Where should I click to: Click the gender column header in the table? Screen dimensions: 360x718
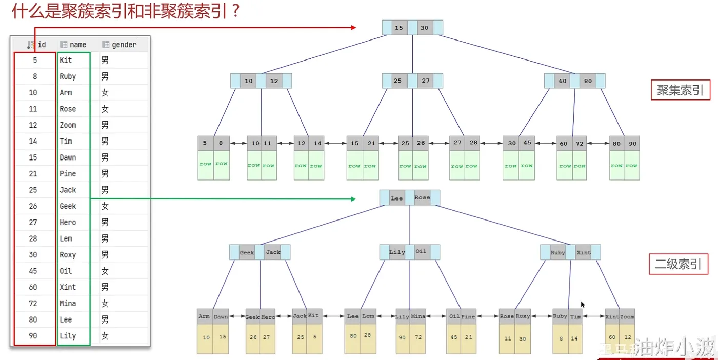click(124, 45)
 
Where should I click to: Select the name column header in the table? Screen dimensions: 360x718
click(77, 45)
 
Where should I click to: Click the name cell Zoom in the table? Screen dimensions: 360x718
click(68, 125)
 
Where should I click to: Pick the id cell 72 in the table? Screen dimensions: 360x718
click(33, 304)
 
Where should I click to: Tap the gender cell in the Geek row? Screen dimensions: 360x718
click(105, 206)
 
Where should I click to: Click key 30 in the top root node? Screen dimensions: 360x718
click(424, 28)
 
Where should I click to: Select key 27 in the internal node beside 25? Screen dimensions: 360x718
click(426, 81)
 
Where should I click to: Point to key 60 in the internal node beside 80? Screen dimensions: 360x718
click(563, 81)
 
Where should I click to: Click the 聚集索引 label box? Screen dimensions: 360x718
click(680, 90)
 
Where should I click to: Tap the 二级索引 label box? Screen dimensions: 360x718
click(678, 264)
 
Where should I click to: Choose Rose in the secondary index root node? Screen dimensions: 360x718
click(422, 198)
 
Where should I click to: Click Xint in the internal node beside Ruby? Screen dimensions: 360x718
click(584, 252)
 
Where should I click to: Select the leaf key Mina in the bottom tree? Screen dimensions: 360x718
click(418, 316)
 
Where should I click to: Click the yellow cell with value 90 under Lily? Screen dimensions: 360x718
click(403, 337)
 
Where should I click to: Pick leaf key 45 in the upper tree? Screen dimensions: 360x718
click(527, 143)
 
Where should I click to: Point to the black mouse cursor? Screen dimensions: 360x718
click(583, 304)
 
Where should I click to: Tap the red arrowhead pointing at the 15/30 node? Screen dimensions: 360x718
click(353, 27)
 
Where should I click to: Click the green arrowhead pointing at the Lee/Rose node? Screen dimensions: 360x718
click(353, 199)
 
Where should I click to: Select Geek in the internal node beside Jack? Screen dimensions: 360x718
click(247, 252)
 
